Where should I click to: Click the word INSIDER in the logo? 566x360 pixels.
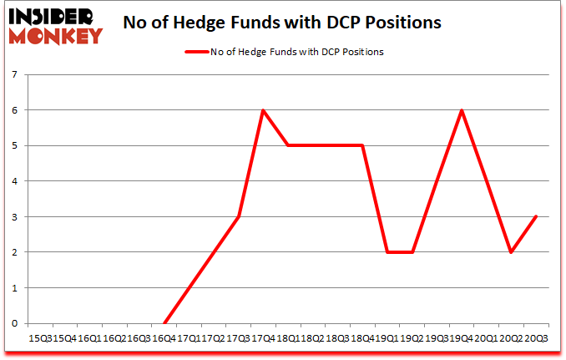(x=53, y=16)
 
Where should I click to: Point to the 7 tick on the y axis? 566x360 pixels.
(x=15, y=75)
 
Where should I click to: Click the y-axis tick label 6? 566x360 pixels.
(x=15, y=110)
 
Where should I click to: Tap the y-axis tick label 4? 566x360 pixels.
(x=15, y=181)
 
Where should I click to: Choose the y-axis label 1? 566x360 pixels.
(x=15, y=288)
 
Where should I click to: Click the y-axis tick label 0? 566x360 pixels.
(x=15, y=323)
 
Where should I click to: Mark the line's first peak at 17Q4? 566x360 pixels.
(x=263, y=110)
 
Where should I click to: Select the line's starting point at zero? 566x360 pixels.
(x=164, y=323)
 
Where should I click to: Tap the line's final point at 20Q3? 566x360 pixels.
(x=535, y=216)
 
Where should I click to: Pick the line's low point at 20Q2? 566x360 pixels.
(x=510, y=252)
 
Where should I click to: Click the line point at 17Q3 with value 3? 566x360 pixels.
(x=239, y=216)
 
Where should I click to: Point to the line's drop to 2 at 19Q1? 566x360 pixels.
(x=387, y=252)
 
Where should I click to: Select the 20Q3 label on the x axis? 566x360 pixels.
(x=535, y=339)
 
